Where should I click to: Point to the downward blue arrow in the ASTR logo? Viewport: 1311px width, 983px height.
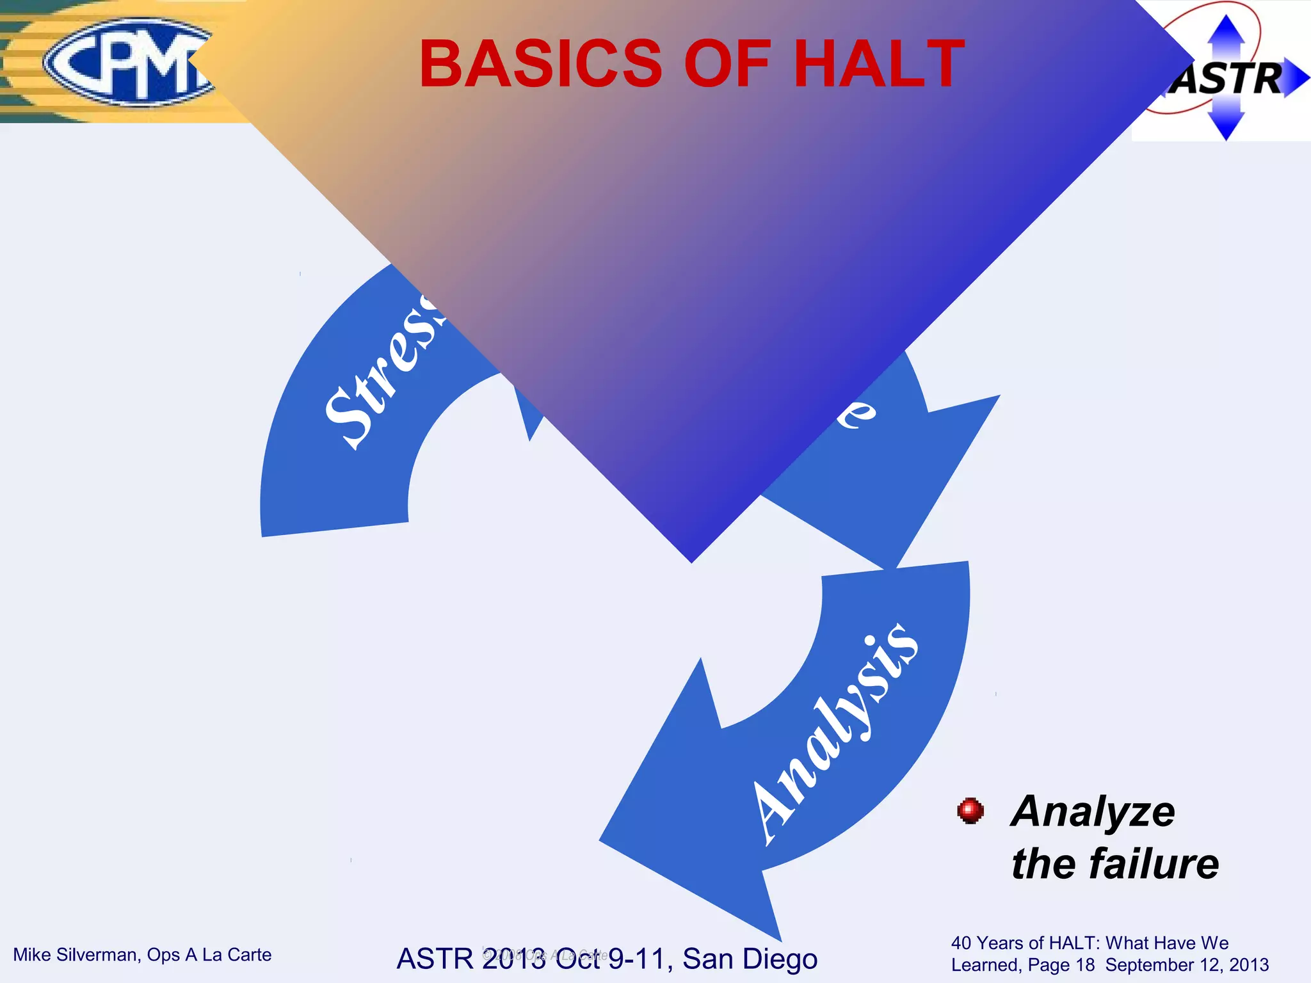click(x=1226, y=125)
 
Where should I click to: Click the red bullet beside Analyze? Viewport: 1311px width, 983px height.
click(x=970, y=811)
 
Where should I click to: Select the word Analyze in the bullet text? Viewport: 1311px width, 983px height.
click(x=1093, y=811)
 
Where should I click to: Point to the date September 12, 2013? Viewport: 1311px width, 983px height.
click(x=1187, y=965)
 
